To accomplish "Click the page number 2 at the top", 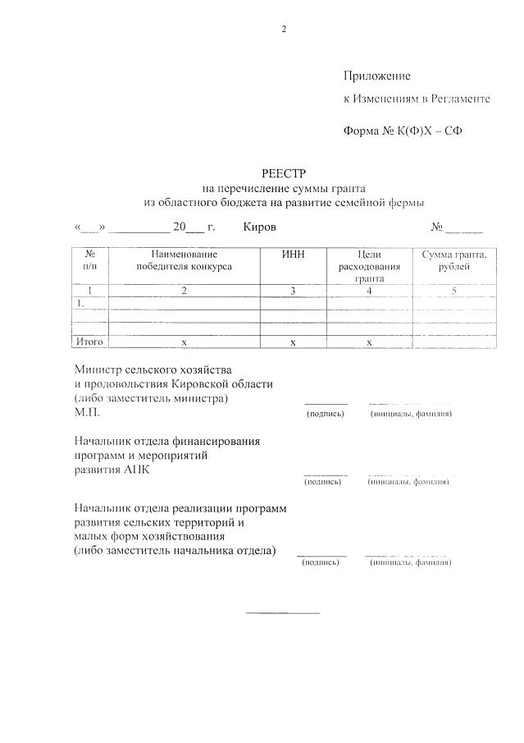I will coord(284,30).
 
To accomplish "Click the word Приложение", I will coord(376,76).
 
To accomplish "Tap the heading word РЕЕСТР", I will coord(284,173).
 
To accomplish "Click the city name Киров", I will coord(260,227).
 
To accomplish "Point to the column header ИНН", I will coord(293,255).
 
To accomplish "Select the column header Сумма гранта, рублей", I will coord(453,260).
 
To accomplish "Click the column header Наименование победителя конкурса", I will coord(184,260).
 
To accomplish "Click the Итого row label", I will coord(89,342).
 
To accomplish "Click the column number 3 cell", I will coord(293,291).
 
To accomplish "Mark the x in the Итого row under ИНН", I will coord(293,342).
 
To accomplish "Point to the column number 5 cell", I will coord(453,291).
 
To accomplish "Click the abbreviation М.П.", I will coord(86,413).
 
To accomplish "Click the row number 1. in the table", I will coord(81,303).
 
